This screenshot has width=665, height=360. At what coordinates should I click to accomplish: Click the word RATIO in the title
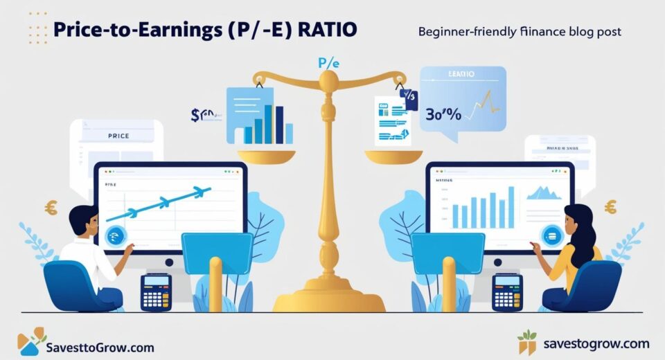click(325, 32)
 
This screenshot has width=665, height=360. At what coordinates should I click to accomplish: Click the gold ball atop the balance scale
click(330, 81)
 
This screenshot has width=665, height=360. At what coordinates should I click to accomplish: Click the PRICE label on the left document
click(118, 136)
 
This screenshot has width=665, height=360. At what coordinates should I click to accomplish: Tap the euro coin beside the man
click(51, 206)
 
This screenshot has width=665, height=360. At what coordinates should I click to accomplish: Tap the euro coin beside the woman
click(610, 206)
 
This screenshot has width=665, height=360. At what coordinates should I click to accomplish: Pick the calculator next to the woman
click(508, 291)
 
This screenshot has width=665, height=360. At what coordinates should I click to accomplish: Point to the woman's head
click(577, 219)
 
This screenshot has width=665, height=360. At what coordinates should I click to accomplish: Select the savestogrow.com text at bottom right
click(596, 343)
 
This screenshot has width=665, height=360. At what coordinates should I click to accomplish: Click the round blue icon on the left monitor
click(113, 235)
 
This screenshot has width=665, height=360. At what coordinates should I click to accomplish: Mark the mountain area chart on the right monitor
click(544, 192)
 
